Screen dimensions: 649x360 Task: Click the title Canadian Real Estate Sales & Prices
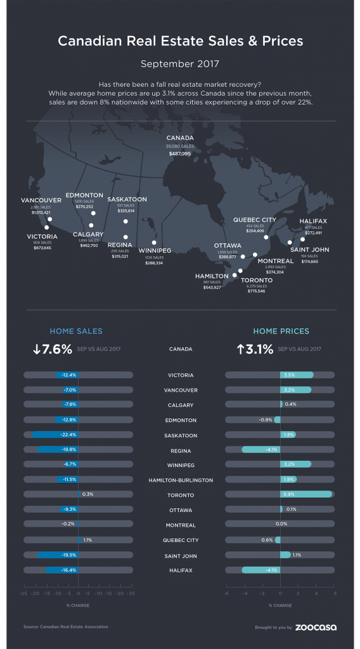pyautogui.click(x=180, y=42)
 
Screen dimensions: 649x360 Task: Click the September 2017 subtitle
pyautogui.click(x=180, y=64)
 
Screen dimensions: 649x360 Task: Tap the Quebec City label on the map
pyautogui.click(x=255, y=219)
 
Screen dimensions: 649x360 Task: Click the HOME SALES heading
pyautogui.click(x=76, y=331)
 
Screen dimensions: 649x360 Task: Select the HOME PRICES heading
pyautogui.click(x=281, y=331)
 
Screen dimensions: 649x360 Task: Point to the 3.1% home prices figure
pyautogui.click(x=257, y=349)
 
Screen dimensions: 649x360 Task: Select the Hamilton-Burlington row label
pyautogui.click(x=181, y=480)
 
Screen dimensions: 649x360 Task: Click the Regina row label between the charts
pyautogui.click(x=181, y=451)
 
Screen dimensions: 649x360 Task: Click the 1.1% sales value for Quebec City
pyautogui.click(x=87, y=540)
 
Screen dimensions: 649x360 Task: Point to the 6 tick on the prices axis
pyautogui.click(x=334, y=593)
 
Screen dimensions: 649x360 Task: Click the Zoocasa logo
pyautogui.click(x=316, y=627)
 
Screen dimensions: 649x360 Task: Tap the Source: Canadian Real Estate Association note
pyautogui.click(x=66, y=627)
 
